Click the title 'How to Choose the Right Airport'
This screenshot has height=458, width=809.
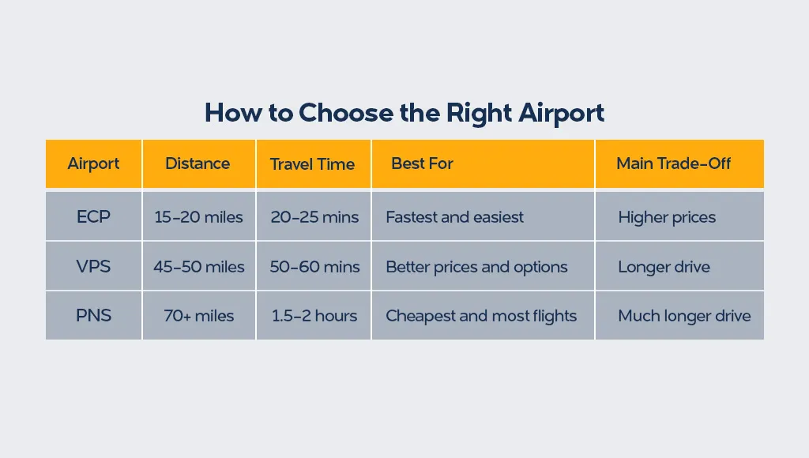404,113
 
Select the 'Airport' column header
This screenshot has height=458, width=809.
93,164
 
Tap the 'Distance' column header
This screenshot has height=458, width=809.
198,164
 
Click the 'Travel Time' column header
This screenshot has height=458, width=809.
312,164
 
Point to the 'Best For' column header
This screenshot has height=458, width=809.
422,164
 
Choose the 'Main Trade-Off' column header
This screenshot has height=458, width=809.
673,164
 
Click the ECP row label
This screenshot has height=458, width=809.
93,216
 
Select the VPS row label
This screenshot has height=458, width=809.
93,267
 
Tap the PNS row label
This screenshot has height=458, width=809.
93,316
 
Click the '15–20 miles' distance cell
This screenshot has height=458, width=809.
198,217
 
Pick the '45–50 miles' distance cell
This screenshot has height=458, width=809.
198,267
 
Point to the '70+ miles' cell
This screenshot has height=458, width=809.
198,316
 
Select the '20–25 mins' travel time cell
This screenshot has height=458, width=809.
314,217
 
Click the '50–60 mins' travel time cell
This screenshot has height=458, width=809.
314,267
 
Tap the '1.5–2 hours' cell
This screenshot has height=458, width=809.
314,316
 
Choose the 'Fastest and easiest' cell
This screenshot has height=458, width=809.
454,217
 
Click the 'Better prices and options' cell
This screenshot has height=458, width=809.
476,267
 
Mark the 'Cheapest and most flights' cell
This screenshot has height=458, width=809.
481,316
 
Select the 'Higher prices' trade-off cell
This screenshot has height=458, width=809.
667,217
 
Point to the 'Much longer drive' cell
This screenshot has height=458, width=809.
684,316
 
